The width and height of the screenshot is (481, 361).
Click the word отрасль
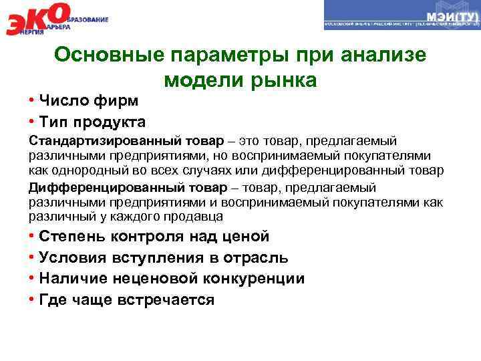click(x=254, y=258)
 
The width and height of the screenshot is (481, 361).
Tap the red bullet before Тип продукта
click(x=32, y=122)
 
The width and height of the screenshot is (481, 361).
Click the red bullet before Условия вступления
click(x=32, y=258)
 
